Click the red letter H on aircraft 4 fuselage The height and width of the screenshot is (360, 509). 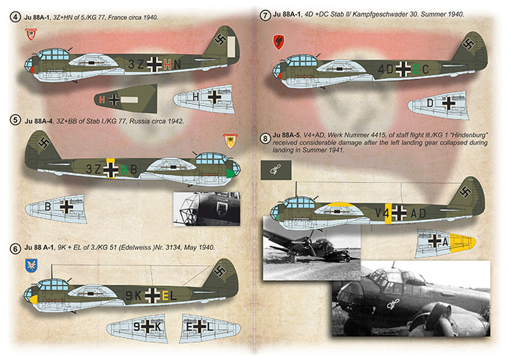pyautogui.click(x=168, y=64)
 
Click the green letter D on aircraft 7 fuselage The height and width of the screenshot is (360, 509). pyautogui.click(x=418, y=70)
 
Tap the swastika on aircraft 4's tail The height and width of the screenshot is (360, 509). pyautogui.click(x=220, y=42)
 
